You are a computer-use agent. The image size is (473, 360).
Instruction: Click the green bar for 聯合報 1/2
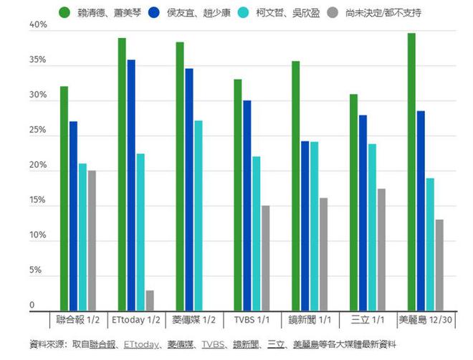64,197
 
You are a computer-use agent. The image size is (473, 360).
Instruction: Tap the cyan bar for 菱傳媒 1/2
198,214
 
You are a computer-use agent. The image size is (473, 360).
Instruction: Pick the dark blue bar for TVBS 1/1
247,204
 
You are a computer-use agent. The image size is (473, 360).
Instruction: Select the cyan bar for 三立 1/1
372,226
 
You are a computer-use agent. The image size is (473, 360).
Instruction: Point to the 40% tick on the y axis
37,25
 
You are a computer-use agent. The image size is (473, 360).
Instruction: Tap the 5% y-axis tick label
39,271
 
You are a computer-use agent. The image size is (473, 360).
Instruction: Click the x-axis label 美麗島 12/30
425,318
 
